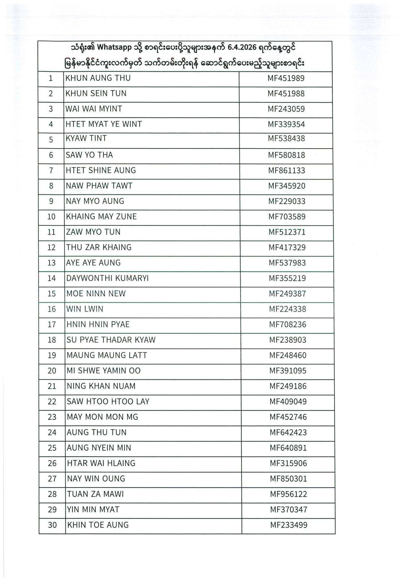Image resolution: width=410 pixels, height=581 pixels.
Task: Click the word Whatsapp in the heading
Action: point(114,47)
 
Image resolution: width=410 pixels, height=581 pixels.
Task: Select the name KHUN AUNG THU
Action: point(98,78)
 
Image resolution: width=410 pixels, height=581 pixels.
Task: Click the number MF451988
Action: point(286,94)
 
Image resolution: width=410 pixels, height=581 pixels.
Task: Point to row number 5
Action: point(51,140)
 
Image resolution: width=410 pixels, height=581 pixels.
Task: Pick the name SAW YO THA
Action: point(89,155)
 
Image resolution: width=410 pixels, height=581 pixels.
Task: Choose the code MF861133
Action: point(287,170)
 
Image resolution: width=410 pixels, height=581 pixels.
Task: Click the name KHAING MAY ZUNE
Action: point(101,217)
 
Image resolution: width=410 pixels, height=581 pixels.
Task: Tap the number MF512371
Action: point(287,232)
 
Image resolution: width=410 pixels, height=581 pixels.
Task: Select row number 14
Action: point(52,278)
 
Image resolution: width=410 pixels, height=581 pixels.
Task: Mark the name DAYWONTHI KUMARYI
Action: point(107,278)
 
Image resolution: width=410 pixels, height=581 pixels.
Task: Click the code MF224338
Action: point(287,309)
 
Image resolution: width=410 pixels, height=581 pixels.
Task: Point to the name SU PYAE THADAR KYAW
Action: point(111,340)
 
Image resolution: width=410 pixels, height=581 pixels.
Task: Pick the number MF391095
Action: point(288,371)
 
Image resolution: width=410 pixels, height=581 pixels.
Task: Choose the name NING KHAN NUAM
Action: point(101,386)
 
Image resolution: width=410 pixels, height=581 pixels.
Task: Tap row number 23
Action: point(52,417)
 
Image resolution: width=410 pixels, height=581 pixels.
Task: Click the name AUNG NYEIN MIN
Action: point(99,448)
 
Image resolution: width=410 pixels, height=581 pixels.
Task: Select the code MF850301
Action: point(288,479)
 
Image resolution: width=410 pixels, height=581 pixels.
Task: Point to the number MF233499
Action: point(289,525)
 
